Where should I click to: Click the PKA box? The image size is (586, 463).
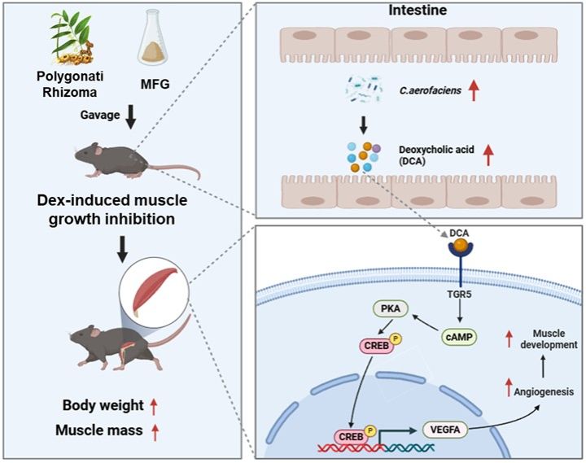[391, 309]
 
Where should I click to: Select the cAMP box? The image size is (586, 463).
[459, 337]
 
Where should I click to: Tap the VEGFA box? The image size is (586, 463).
[445, 430]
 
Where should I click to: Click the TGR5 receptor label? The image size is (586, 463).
[459, 295]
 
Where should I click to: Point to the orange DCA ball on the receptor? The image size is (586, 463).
[461, 245]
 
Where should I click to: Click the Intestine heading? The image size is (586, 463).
[418, 10]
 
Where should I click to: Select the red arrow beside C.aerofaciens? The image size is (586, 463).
[474, 90]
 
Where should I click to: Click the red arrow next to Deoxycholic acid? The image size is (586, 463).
[488, 155]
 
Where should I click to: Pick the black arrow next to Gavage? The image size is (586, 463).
[130, 117]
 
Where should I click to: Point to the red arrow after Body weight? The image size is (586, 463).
[154, 407]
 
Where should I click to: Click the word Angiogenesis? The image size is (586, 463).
[544, 391]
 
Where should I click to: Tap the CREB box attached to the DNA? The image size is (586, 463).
[351, 437]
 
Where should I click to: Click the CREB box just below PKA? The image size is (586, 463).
[376, 346]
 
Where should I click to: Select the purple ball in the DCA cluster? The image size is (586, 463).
[376, 148]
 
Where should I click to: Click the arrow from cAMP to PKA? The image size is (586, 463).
[426, 323]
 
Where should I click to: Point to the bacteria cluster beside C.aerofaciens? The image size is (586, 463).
[364, 89]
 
